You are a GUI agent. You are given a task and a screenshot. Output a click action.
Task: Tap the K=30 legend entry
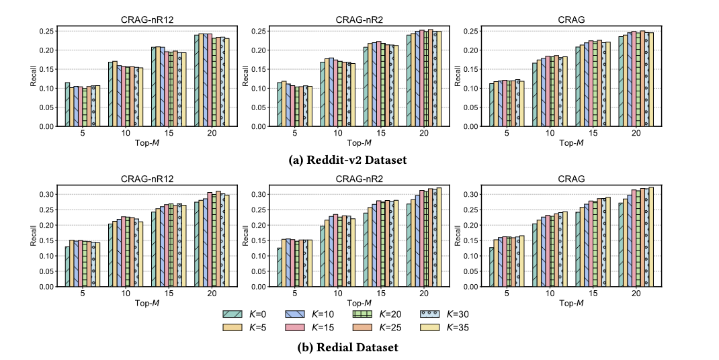(x=432, y=314)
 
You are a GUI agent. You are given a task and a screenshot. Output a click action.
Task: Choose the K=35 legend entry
(x=432, y=327)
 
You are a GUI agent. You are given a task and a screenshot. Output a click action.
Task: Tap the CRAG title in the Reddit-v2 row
(x=573, y=20)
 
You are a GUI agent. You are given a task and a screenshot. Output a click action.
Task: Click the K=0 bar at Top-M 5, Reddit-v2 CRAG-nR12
(x=67, y=104)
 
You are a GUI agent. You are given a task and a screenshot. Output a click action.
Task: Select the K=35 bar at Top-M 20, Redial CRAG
(x=650, y=236)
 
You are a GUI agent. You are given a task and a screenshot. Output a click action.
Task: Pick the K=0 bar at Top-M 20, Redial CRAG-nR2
(x=409, y=244)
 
